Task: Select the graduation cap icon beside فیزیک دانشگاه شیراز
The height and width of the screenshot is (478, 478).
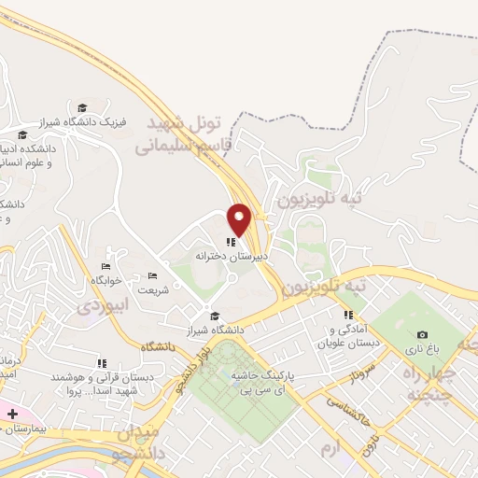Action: [82, 108]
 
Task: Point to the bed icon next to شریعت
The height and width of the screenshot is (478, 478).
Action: [153, 275]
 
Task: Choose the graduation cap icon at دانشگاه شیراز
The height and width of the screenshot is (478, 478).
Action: [216, 316]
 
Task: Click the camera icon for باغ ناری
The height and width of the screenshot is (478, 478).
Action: [422, 334]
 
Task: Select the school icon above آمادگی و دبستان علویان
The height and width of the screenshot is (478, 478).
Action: [347, 316]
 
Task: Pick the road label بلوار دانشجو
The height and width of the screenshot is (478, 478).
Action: [190, 365]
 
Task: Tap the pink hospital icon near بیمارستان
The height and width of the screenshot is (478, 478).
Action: [12, 413]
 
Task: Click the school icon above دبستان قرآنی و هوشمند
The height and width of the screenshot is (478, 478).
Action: [102, 363]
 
